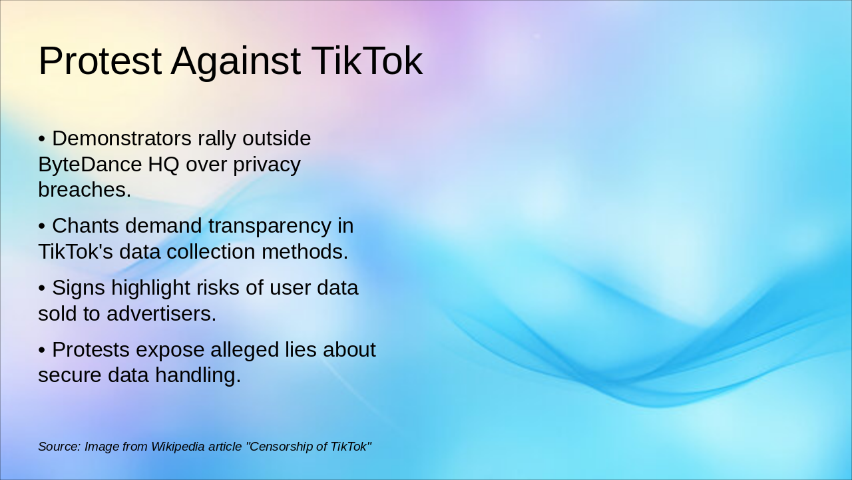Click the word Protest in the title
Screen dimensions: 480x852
click(x=100, y=61)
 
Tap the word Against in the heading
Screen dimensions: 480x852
click(x=236, y=61)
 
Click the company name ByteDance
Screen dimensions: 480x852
click(x=90, y=164)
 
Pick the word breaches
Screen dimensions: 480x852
click(x=85, y=189)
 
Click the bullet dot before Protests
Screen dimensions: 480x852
click(x=41, y=350)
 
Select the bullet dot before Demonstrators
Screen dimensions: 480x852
click(x=41, y=139)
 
